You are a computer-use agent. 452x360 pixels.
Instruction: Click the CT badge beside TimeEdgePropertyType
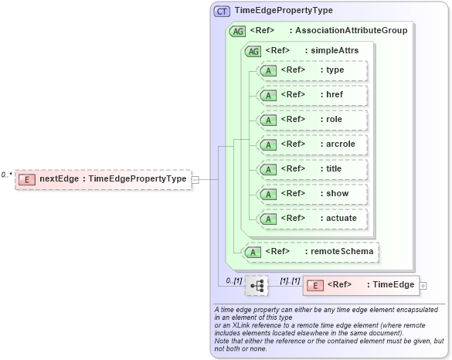[222, 12]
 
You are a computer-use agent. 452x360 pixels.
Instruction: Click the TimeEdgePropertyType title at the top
[284, 12]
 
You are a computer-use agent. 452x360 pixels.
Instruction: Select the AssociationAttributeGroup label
[348, 31]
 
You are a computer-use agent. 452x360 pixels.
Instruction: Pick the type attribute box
[313, 70]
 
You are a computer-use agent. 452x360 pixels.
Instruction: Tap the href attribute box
[313, 95]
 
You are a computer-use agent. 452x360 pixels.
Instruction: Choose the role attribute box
[313, 120]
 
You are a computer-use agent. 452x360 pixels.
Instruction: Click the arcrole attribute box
[313, 144]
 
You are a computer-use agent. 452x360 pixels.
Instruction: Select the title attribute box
[313, 169]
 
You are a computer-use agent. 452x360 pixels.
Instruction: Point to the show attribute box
[313, 194]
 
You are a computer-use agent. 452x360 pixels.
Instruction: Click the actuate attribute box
[313, 219]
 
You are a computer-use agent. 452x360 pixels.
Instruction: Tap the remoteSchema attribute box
[312, 252]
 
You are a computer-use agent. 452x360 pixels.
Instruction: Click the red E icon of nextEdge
[27, 179]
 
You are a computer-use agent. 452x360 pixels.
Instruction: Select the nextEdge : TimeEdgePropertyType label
[113, 179]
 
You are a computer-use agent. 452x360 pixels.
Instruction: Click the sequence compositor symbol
[257, 286]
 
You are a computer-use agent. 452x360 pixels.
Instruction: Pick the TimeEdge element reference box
[361, 286]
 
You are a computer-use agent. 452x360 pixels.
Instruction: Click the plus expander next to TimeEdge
[423, 286]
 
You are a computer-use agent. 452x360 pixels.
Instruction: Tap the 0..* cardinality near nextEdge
[6, 175]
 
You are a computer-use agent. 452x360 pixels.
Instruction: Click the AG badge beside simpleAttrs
[252, 52]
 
